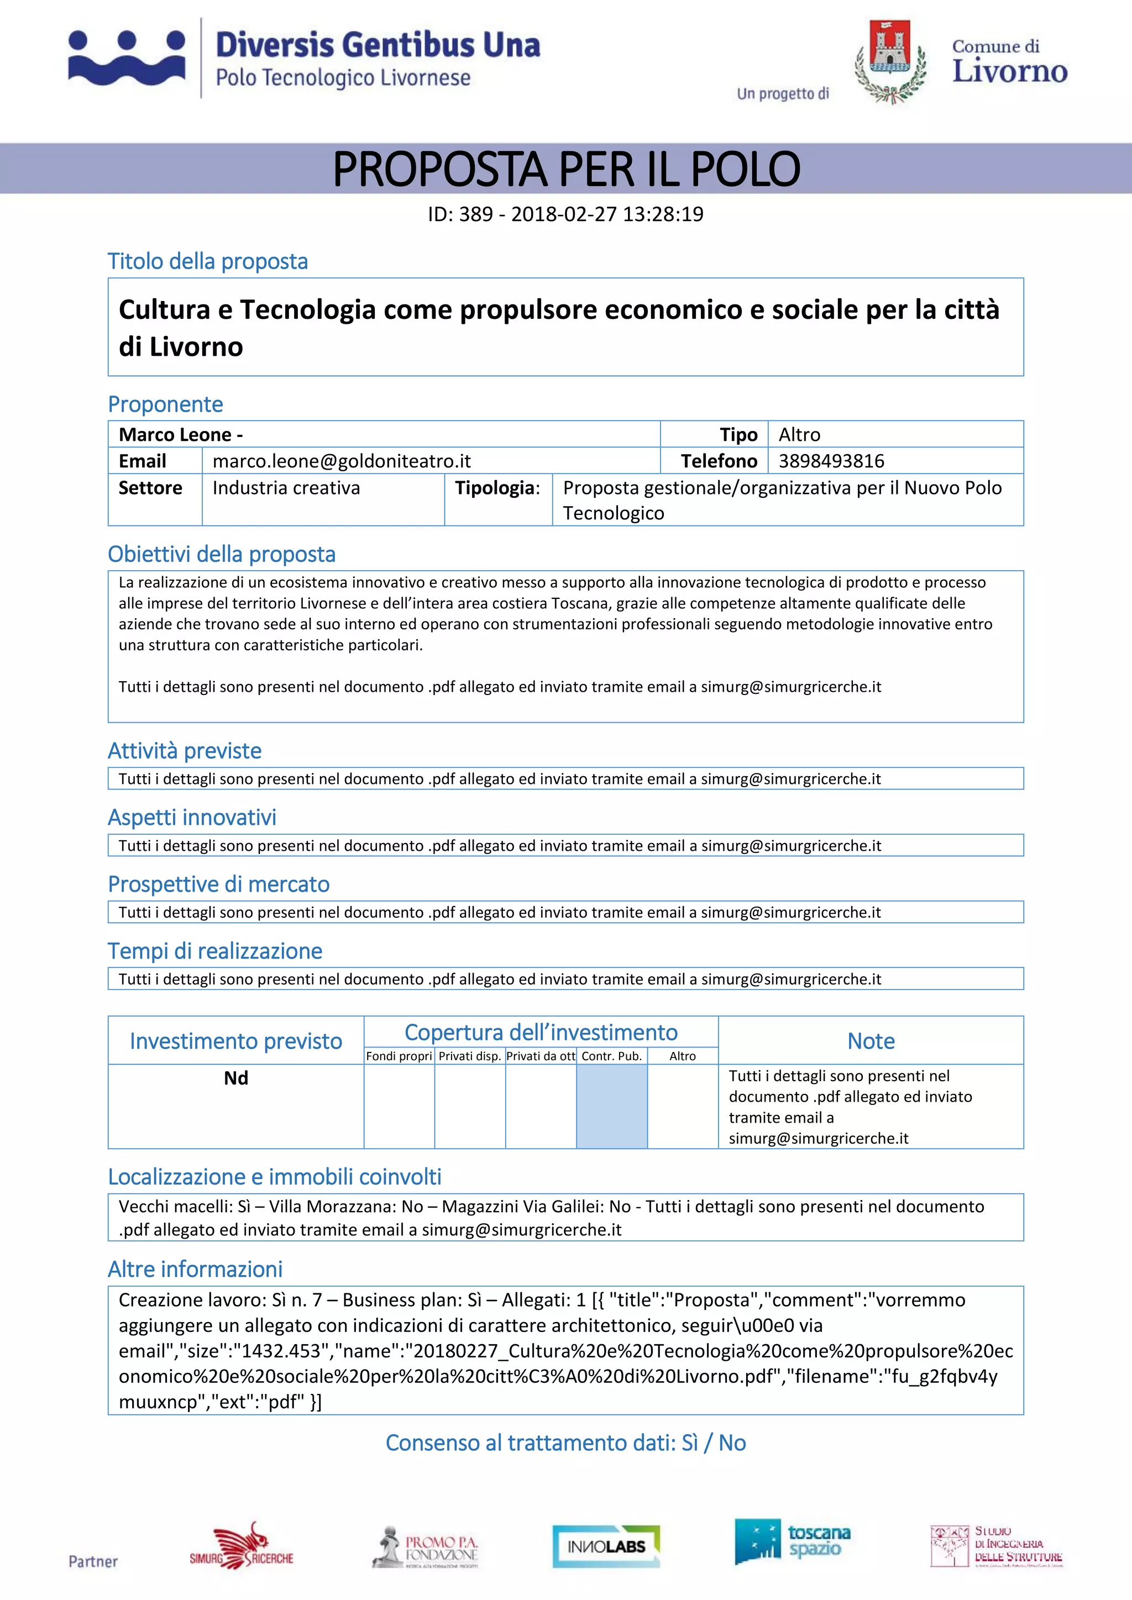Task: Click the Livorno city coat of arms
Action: pos(890,61)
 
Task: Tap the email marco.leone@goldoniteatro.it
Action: pos(342,461)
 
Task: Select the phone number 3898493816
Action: pos(831,461)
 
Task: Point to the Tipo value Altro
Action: pos(799,435)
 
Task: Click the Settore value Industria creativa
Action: pos(286,488)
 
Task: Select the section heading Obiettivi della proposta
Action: pos(222,554)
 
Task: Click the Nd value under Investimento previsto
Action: pos(235,1078)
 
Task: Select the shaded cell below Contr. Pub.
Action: pos(611,1106)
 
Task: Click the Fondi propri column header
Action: pos(399,1056)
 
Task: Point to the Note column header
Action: pos(871,1040)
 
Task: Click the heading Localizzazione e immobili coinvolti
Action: pos(275,1177)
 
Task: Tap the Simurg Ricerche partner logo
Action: pos(242,1546)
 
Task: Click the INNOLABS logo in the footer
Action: pos(606,1546)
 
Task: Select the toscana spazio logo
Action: pos(793,1541)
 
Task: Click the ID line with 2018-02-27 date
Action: pos(565,214)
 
